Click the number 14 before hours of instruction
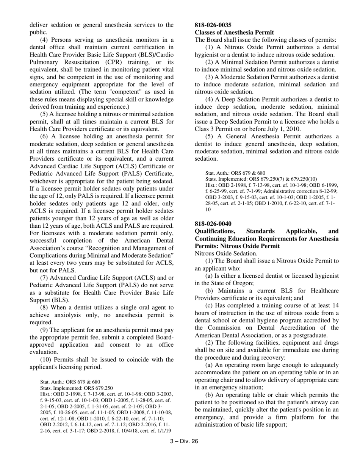[x=335, y=305]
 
